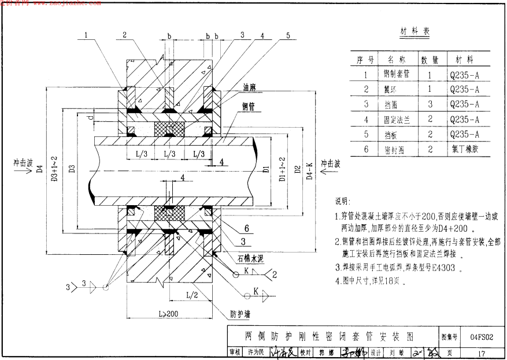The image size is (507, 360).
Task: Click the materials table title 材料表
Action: point(415,31)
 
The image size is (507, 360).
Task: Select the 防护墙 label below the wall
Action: point(241,315)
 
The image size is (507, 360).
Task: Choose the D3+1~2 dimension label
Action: point(53,169)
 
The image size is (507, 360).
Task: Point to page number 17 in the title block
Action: point(482,351)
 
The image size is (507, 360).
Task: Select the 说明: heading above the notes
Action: point(342,202)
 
